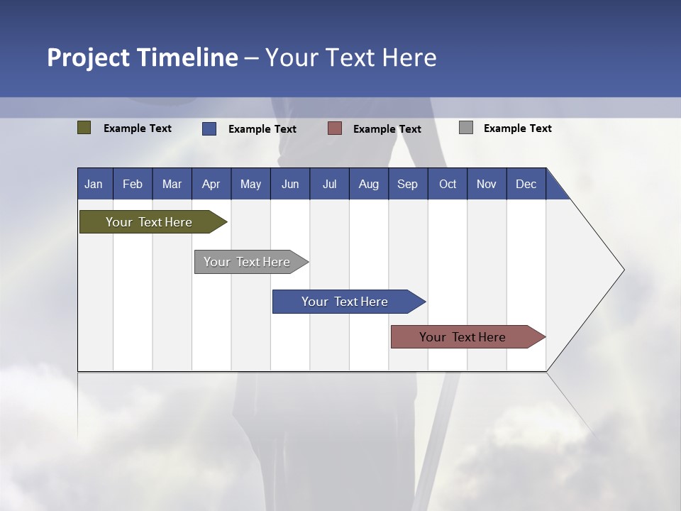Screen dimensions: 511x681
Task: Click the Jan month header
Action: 94,184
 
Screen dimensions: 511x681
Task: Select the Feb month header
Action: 133,184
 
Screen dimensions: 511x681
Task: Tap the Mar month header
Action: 172,184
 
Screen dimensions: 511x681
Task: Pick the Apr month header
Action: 211,184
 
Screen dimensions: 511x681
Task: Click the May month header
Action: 250,184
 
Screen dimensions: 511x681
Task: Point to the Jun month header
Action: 290,184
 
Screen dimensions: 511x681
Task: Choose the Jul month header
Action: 329,184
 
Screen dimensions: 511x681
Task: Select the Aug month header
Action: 369,184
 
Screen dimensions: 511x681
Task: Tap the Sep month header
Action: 408,184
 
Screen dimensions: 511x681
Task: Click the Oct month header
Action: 448,184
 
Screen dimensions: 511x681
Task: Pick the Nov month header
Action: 487,184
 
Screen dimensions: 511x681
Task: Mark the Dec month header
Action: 526,184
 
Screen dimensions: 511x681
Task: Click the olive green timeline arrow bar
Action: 149,222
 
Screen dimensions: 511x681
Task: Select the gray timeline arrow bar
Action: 247,262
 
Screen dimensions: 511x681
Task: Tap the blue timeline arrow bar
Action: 345,302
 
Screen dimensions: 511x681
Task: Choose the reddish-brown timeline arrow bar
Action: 463,337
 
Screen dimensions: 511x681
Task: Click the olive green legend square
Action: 84,128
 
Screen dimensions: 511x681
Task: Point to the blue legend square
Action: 209,128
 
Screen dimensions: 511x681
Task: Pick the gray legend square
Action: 466,128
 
